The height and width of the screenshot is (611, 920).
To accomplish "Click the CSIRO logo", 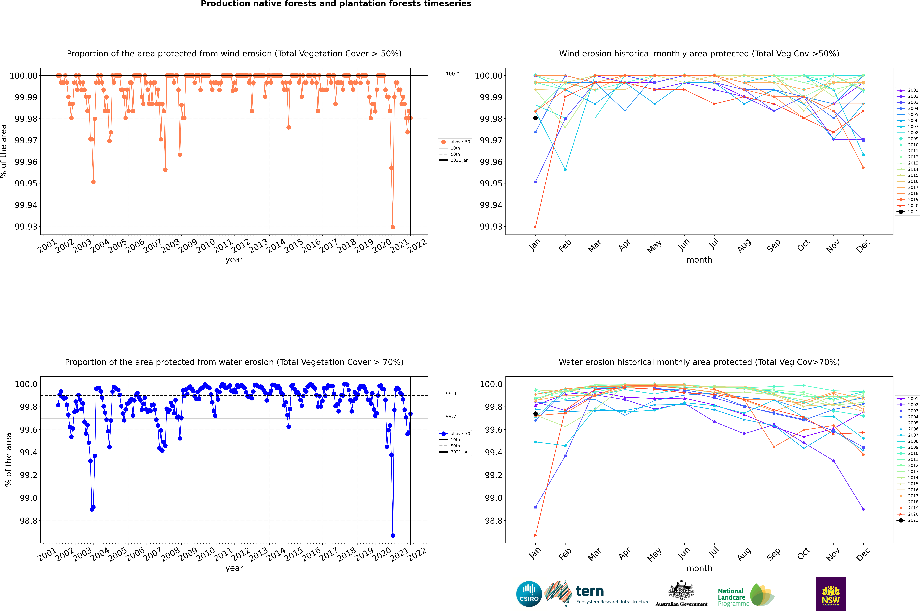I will click(529, 594).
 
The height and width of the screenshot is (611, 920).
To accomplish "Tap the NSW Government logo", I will click(831, 594).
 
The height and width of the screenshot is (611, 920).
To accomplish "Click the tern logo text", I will click(590, 592).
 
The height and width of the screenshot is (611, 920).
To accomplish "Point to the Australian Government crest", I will click(681, 592).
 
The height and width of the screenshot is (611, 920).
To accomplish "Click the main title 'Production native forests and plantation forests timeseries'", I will click(336, 4).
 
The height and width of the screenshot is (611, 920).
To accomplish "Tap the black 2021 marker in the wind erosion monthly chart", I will click(535, 118).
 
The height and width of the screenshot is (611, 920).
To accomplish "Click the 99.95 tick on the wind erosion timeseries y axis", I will click(26, 184).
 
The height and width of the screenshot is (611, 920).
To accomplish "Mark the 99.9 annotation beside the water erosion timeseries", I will click(451, 394).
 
